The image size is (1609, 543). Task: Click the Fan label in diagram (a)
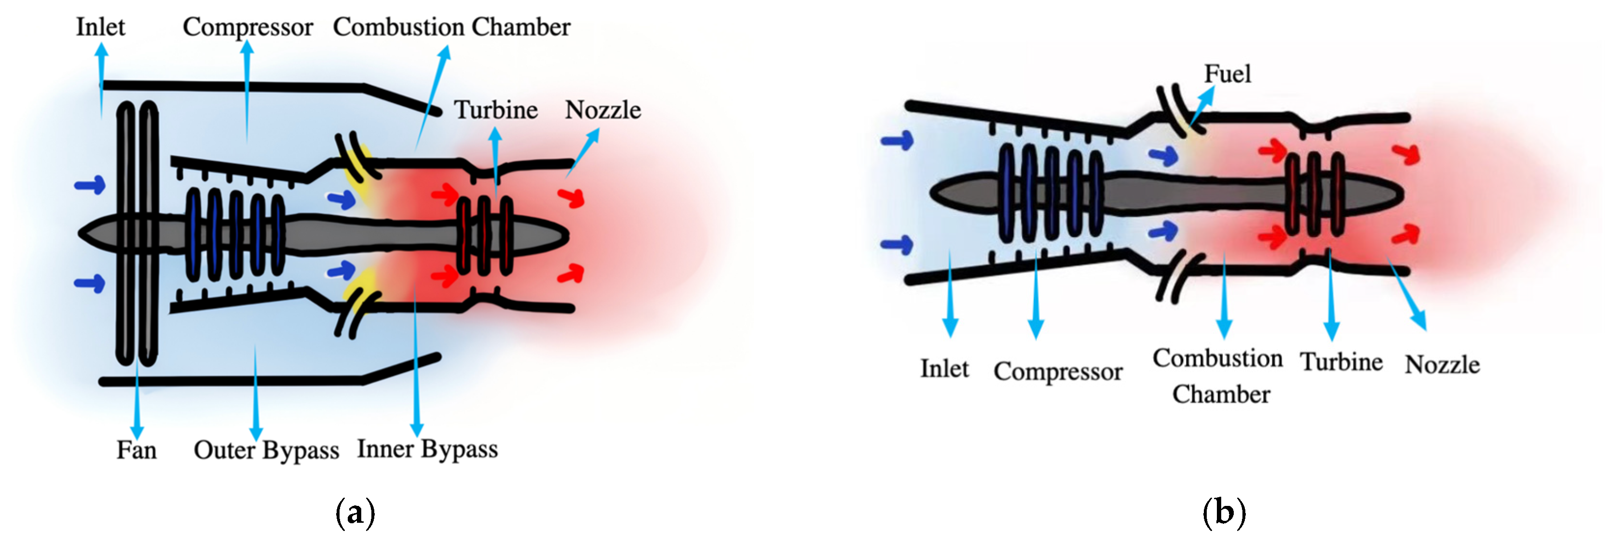tap(136, 450)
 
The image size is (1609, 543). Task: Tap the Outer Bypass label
tap(266, 450)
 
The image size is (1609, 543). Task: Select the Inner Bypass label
tap(427, 449)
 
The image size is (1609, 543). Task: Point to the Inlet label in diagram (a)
tap(100, 27)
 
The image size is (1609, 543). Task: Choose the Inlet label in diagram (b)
tap(944, 368)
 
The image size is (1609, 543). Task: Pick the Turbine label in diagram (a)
tap(495, 110)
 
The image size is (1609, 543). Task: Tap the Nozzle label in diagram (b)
tap(1442, 365)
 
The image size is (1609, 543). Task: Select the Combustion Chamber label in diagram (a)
tap(451, 27)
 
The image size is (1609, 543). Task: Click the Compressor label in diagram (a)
tap(247, 27)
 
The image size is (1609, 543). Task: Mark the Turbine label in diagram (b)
tap(1341, 362)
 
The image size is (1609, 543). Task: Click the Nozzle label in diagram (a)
tap(603, 110)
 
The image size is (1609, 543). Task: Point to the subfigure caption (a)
tap(355, 513)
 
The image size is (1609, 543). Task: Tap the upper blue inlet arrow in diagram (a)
tap(90, 185)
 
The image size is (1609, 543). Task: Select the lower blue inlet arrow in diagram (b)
tap(897, 244)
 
